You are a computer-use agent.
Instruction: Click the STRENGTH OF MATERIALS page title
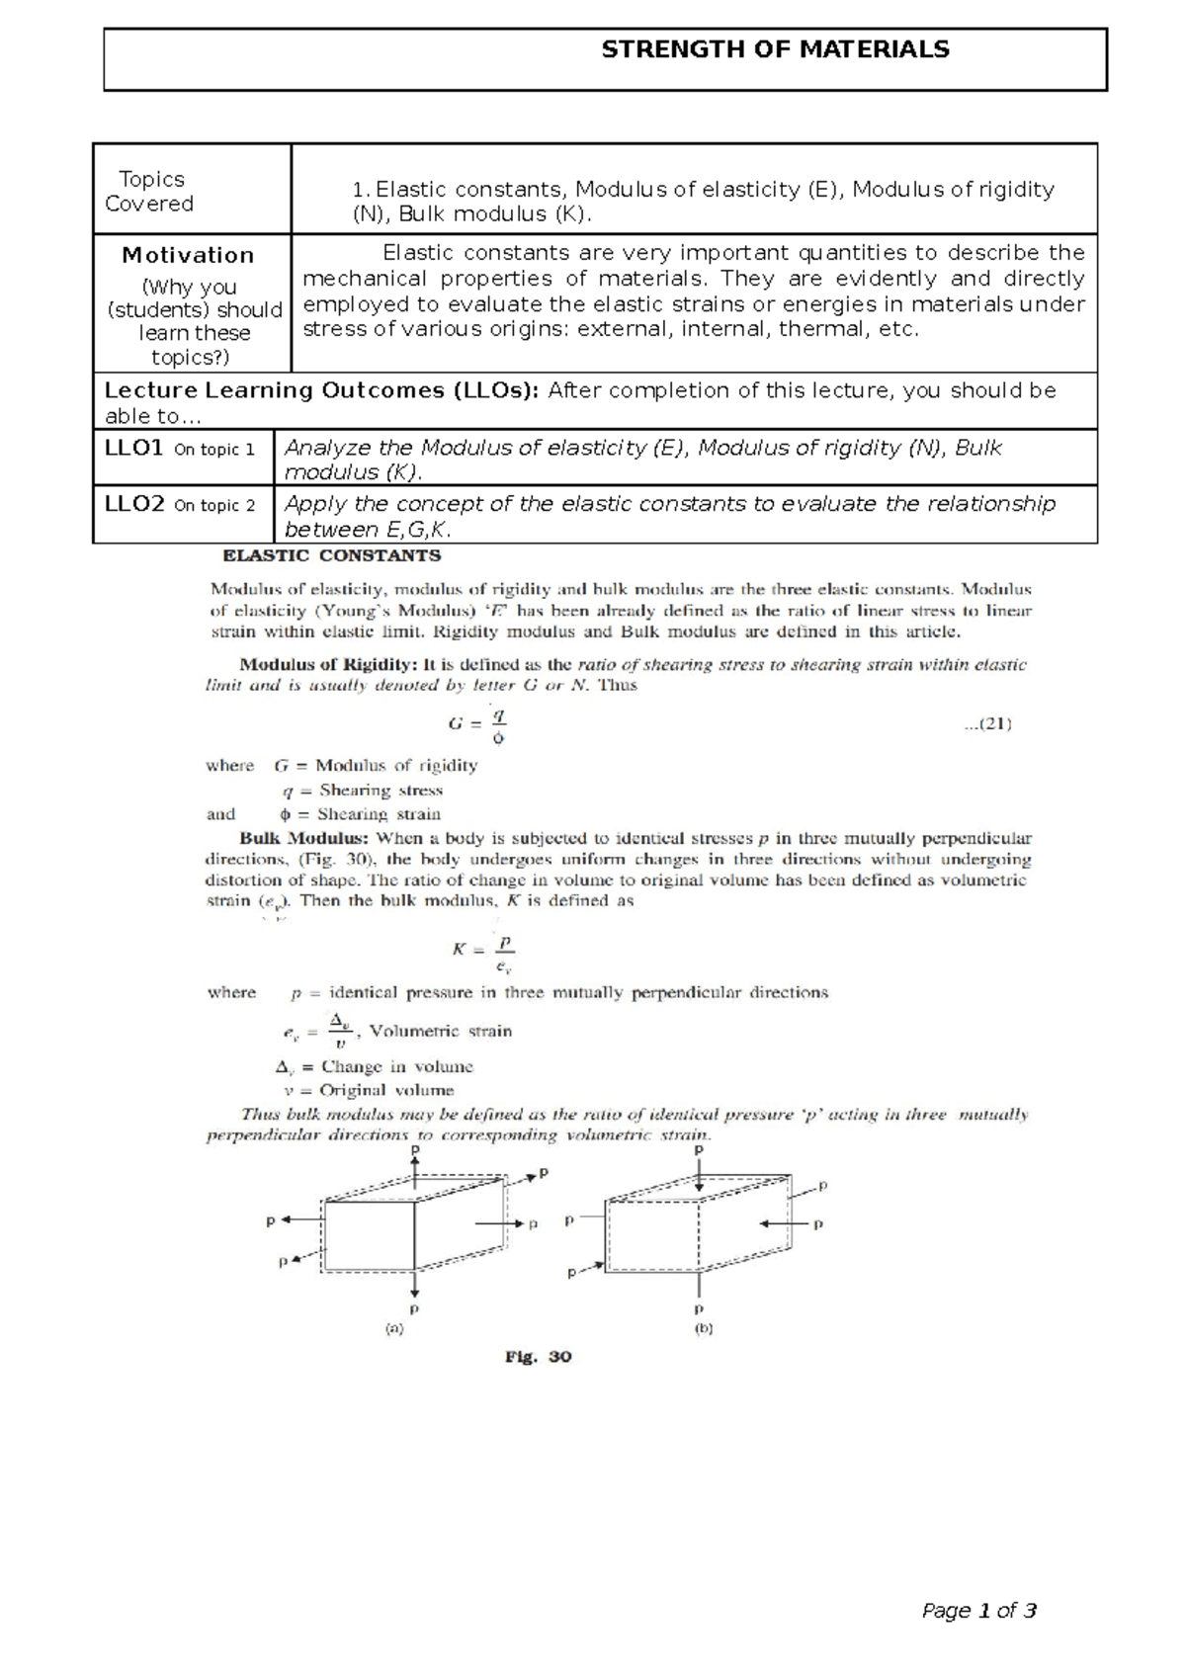pyautogui.click(x=775, y=49)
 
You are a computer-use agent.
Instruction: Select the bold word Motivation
pyautogui.click(x=188, y=255)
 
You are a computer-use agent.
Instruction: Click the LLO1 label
pyautogui.click(x=133, y=448)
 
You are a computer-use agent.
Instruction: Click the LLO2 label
pyautogui.click(x=133, y=504)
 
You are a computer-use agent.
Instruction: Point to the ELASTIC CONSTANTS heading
pyautogui.click(x=332, y=555)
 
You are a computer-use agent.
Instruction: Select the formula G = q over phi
pyautogui.click(x=479, y=724)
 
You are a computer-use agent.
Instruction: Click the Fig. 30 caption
pyautogui.click(x=538, y=1357)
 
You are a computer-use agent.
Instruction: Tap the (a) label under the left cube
pyautogui.click(x=393, y=1329)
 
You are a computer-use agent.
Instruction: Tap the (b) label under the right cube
pyautogui.click(x=704, y=1329)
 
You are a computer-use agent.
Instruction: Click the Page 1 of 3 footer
pyautogui.click(x=978, y=1611)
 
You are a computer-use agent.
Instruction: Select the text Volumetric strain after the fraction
pyautogui.click(x=441, y=1031)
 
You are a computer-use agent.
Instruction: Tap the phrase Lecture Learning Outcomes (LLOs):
pyautogui.click(x=322, y=390)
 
